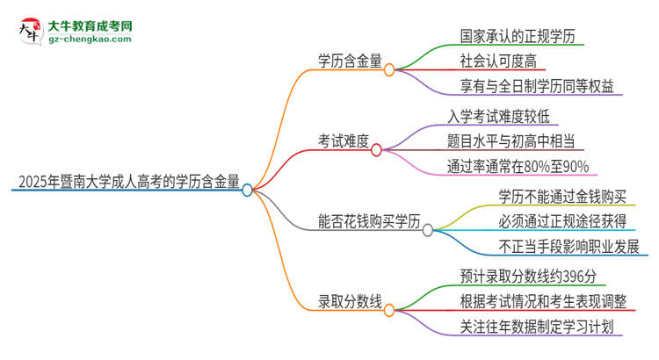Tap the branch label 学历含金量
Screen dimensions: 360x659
(350, 61)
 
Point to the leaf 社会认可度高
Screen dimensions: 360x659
(497, 61)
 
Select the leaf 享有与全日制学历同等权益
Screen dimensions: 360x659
(537, 85)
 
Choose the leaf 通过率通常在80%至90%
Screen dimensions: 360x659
(518, 166)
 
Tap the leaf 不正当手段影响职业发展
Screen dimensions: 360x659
(568, 247)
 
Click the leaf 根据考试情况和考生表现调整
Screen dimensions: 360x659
(543, 302)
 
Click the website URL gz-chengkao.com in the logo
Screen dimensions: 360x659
(90, 39)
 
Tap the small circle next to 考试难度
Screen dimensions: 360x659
(377, 150)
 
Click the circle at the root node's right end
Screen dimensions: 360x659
(248, 190)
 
